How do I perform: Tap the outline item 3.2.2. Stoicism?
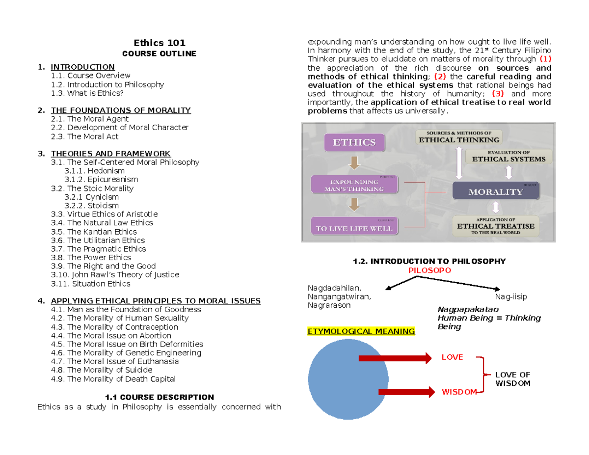click(91, 206)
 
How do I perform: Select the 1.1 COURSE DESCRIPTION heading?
click(160, 397)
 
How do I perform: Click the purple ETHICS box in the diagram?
click(355, 143)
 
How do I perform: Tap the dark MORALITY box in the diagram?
click(496, 191)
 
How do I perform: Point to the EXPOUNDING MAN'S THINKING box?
click(355, 185)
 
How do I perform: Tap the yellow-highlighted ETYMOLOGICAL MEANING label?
click(361, 331)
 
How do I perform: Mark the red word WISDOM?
click(459, 392)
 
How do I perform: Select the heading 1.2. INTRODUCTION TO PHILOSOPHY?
click(429, 262)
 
